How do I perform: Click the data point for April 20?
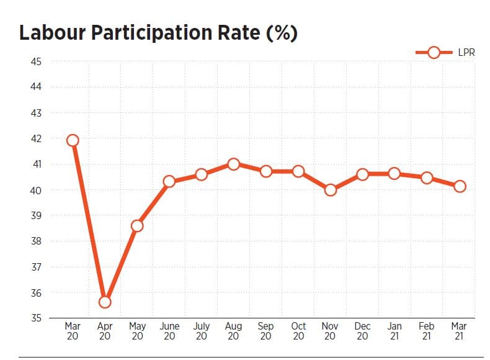click(x=105, y=302)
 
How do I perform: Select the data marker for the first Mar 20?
click(x=73, y=140)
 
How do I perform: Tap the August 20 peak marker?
click(x=233, y=164)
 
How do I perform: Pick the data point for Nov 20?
click(x=331, y=190)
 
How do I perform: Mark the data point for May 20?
click(x=137, y=226)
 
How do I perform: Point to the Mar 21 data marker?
click(x=460, y=186)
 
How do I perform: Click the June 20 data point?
click(x=169, y=182)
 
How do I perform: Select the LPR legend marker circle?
click(x=434, y=53)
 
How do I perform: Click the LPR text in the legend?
click(x=466, y=53)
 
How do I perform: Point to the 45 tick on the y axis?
click(x=35, y=61)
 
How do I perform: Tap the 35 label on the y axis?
click(x=35, y=318)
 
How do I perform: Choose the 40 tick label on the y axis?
click(x=35, y=190)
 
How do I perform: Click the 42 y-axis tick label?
click(x=35, y=138)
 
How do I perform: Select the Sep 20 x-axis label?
click(x=265, y=331)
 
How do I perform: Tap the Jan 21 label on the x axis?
click(x=394, y=331)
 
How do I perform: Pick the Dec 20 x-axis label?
click(x=362, y=331)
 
